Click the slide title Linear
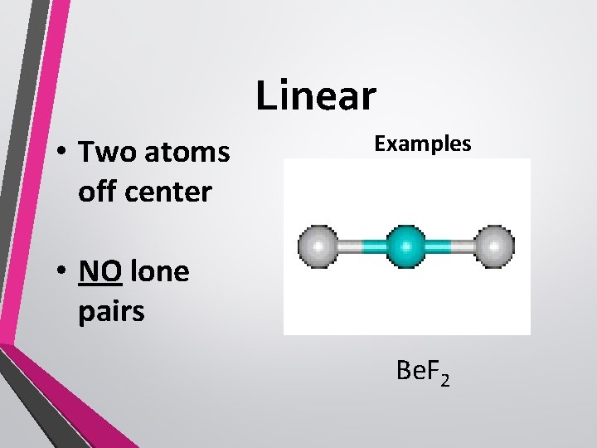point(316,95)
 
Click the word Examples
point(423,144)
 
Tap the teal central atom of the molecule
point(406,246)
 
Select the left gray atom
point(318,246)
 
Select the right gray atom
point(495,246)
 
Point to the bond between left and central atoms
point(362,246)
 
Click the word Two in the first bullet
point(105,153)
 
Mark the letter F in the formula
point(431,373)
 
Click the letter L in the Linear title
point(265,95)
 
